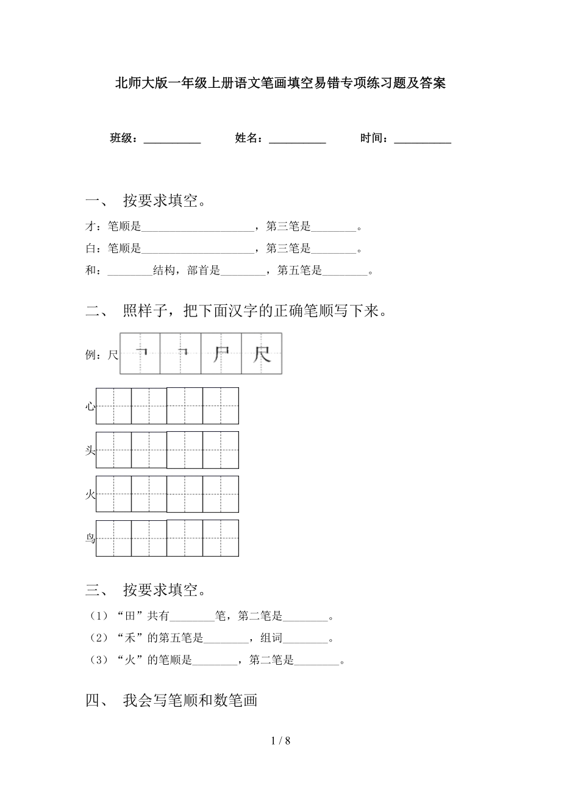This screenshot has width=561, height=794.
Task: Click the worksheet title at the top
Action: pyautogui.click(x=280, y=84)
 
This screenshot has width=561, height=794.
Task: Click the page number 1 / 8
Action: pyautogui.click(x=280, y=741)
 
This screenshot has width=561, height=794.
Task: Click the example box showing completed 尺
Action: pyautogui.click(x=262, y=354)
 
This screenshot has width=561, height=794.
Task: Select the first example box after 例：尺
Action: pyautogui.click(x=141, y=354)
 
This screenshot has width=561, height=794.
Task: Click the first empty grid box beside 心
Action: pyautogui.click(x=113, y=406)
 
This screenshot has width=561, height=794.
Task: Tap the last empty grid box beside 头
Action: pyautogui.click(x=221, y=450)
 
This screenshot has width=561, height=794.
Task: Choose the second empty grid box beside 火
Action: pyautogui.click(x=149, y=494)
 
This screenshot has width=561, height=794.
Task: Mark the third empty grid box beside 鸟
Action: pyautogui.click(x=185, y=538)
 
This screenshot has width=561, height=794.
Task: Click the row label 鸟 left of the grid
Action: pyautogui.click(x=90, y=538)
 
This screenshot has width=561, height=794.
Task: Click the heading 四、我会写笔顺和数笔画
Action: pyautogui.click(x=172, y=701)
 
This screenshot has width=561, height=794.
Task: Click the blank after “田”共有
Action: pyautogui.click(x=193, y=617)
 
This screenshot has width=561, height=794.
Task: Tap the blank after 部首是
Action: pyautogui.click(x=243, y=271)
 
